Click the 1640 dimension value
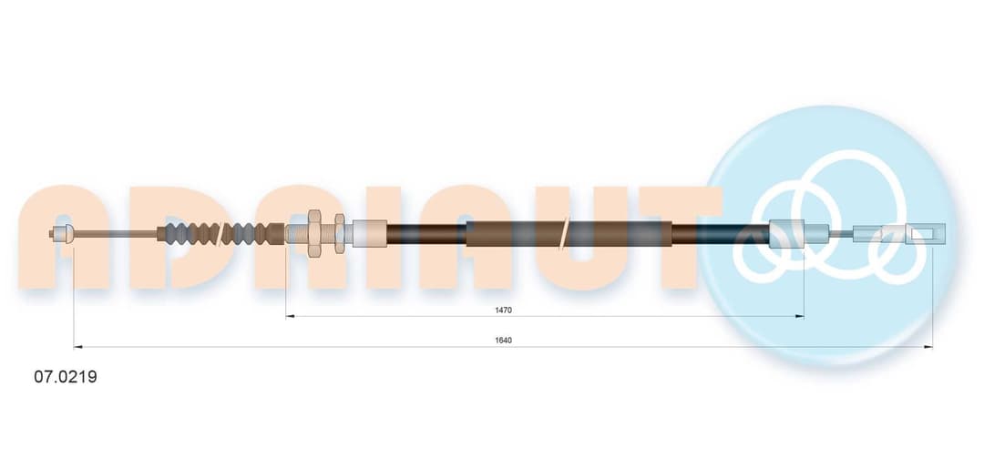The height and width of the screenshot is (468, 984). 504,340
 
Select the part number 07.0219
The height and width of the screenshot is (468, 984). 66,377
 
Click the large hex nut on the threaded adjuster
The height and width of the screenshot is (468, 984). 314,233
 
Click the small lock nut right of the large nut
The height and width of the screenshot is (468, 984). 340,233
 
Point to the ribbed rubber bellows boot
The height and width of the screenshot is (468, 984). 220,233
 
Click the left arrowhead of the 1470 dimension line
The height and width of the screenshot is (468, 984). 290,316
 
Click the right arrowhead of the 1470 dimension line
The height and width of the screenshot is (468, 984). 800,316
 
